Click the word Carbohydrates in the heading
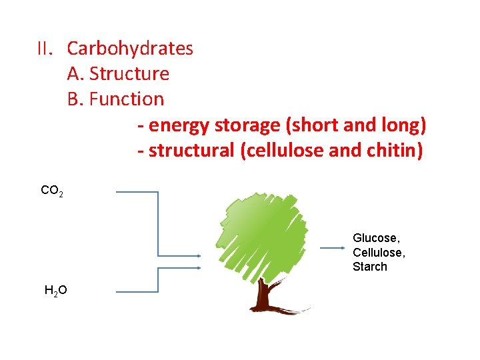(130, 49)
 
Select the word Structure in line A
(129, 73)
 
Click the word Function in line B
(126, 99)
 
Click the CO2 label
(52, 191)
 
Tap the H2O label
(55, 290)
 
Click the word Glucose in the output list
(376, 238)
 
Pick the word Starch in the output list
(370, 267)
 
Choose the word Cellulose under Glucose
(378, 253)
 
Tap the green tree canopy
(260, 233)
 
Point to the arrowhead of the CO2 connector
(198, 255)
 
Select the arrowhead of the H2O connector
(198, 267)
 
